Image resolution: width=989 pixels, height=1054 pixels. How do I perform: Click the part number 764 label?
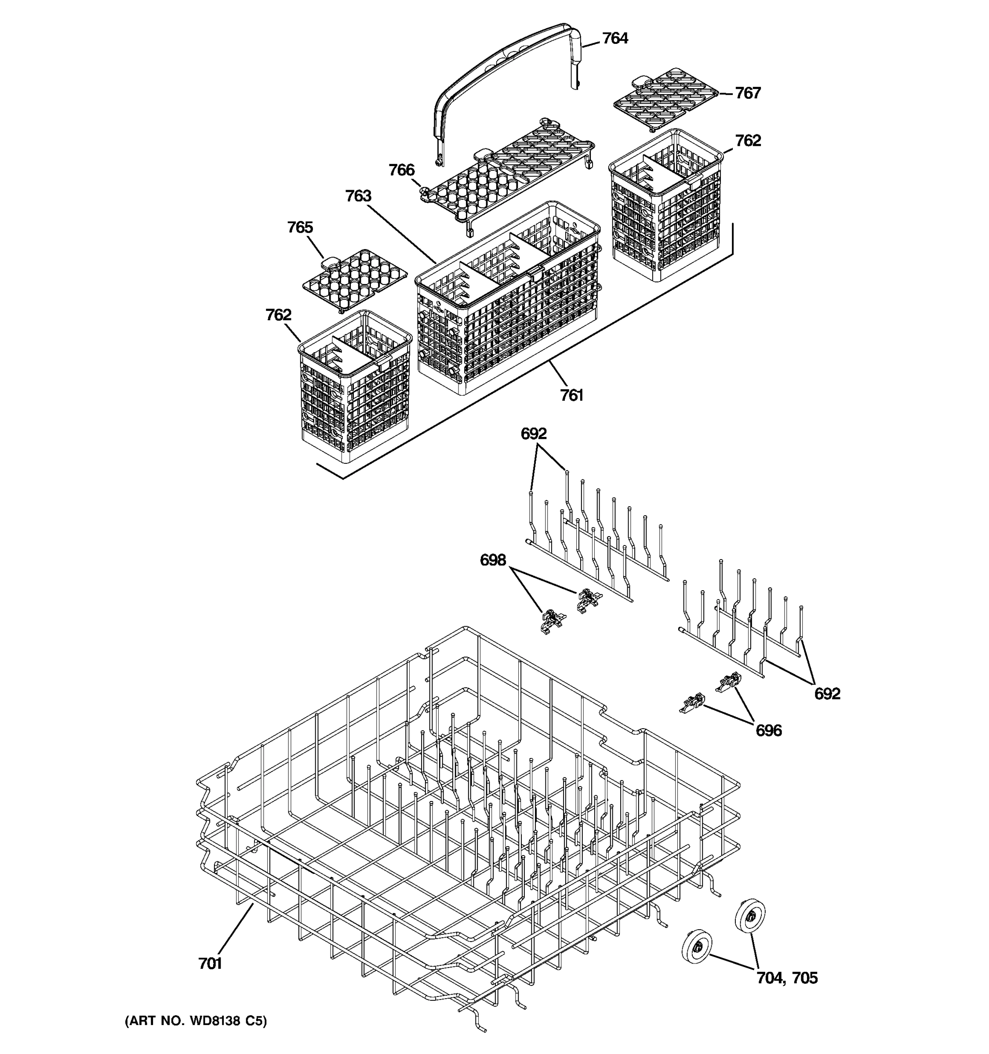point(615,39)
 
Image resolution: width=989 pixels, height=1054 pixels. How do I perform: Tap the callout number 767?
point(748,93)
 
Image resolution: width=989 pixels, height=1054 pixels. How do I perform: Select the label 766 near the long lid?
point(401,170)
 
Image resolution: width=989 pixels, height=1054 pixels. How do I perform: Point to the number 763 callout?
point(358,196)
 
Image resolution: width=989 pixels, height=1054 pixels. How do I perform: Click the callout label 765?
point(300,227)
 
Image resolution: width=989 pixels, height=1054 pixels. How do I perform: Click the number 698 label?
point(493,560)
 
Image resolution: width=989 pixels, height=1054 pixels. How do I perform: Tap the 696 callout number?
point(768,731)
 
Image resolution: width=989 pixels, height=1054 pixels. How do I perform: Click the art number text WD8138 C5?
point(196,1021)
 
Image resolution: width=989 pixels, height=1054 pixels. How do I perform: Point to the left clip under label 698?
point(551,621)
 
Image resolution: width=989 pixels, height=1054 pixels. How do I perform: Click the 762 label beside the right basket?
point(748,141)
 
